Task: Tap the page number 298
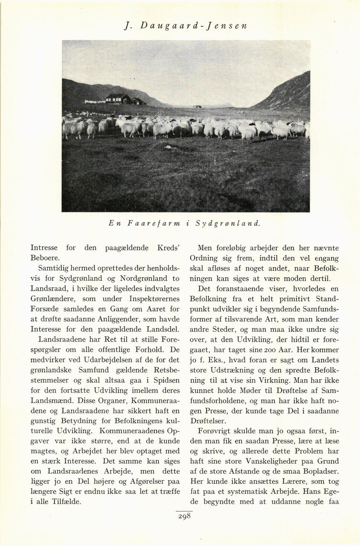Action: click(x=184, y=516)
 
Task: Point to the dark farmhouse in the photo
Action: click(x=118, y=98)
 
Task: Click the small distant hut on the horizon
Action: click(x=197, y=106)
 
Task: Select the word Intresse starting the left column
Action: click(x=44, y=248)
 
